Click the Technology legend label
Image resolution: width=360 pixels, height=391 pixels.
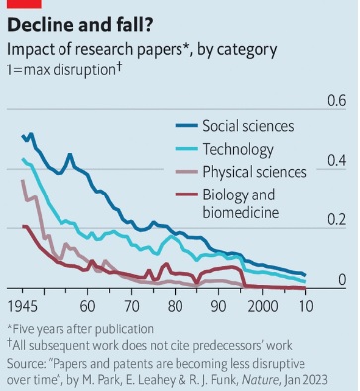(x=237, y=150)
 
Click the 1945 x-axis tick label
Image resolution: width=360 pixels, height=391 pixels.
(x=23, y=306)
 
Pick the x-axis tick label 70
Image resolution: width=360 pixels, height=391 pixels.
(x=133, y=306)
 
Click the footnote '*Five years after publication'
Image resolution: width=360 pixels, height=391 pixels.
(x=80, y=328)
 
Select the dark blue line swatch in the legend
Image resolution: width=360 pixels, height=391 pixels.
(x=184, y=126)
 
